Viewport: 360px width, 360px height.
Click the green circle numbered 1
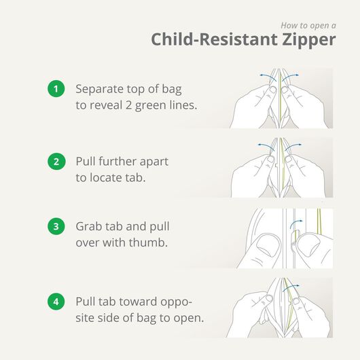(x=55, y=88)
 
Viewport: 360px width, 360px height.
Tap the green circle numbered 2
(x=55, y=162)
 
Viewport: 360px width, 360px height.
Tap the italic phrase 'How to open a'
(x=308, y=24)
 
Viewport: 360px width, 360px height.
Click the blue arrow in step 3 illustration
(x=296, y=224)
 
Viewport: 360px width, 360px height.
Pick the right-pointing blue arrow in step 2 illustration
(x=294, y=145)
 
